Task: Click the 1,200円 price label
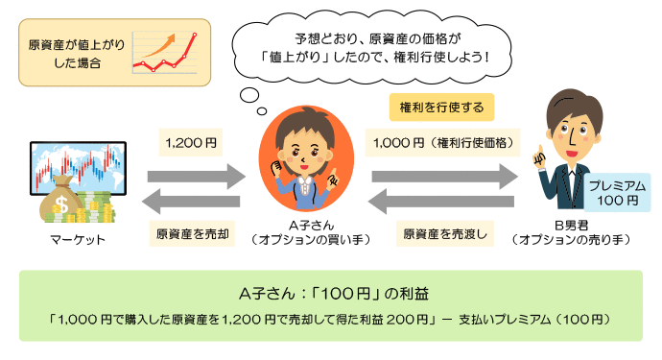point(191,143)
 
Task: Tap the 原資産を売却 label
point(190,233)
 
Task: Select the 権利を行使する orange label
point(440,106)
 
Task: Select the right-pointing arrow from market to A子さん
point(197,176)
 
